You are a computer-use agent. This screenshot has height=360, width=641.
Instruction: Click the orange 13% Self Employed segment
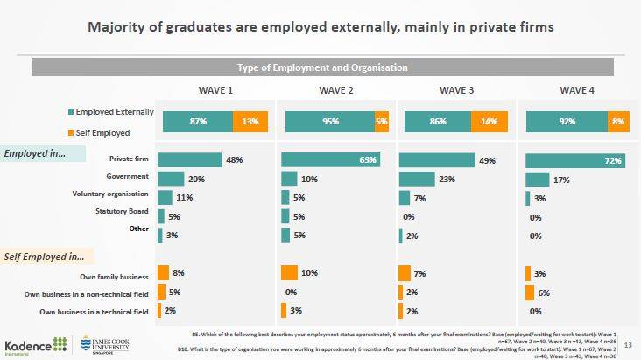pos(250,123)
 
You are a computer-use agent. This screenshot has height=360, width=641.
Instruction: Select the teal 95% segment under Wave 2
pos(329,123)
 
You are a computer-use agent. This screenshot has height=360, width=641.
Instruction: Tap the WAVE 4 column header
pos(577,89)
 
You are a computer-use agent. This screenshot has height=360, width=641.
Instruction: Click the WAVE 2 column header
pos(336,89)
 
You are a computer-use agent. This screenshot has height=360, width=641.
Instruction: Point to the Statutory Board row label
pos(123,211)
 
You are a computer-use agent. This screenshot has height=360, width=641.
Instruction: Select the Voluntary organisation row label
pos(110,194)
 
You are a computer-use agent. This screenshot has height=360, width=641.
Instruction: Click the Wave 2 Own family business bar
pos(290,273)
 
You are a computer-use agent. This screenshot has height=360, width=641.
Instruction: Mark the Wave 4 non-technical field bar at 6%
pos(530,293)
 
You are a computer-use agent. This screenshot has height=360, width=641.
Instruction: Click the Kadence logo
pos(35,345)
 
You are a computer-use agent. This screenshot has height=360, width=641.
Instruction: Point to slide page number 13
pos(627,344)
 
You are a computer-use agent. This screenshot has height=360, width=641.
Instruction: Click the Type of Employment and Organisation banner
pos(322,67)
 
